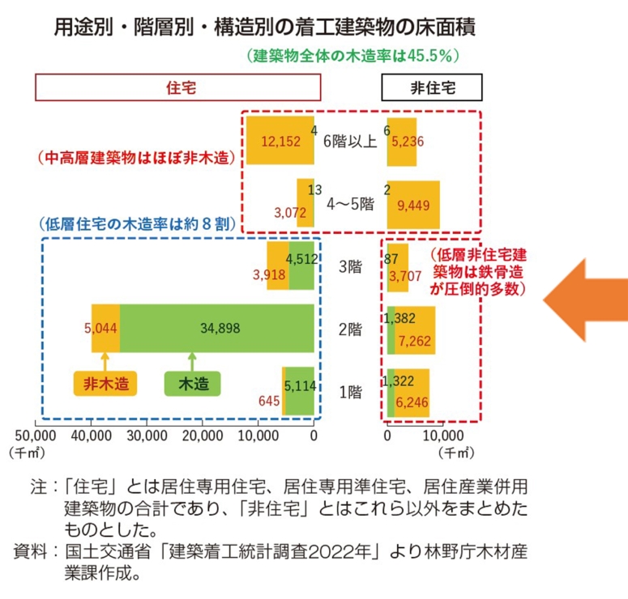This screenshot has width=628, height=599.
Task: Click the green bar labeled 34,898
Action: point(217,328)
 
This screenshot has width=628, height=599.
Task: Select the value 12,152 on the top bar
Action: point(280,141)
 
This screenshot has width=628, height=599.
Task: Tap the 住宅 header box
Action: point(178,87)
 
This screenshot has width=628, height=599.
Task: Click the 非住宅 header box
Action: point(432,87)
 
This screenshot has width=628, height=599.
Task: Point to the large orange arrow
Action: point(585,304)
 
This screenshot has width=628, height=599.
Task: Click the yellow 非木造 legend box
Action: point(105,383)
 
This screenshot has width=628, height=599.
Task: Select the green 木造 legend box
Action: point(193,383)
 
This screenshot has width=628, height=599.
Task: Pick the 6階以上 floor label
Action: point(350,141)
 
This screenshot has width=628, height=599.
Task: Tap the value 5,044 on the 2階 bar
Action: point(102,329)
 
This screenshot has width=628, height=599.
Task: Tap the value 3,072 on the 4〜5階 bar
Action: point(289,212)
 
